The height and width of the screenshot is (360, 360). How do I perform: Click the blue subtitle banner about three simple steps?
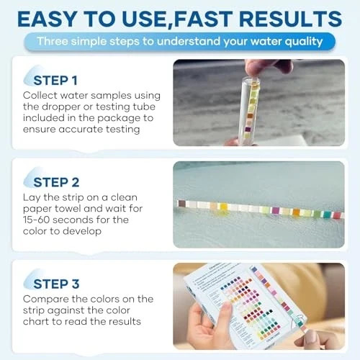click(180, 41)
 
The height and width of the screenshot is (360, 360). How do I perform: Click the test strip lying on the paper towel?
click(259, 209)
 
